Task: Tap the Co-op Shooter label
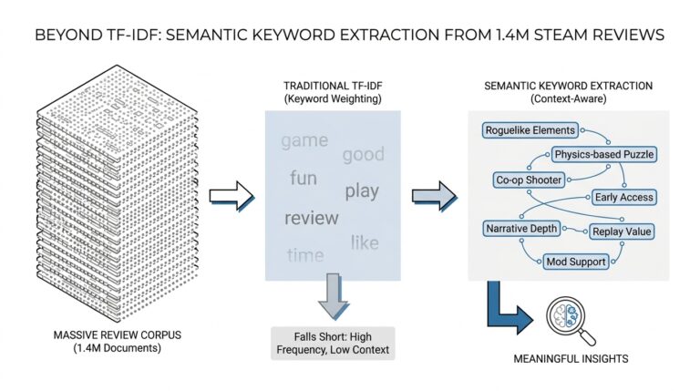click(x=529, y=180)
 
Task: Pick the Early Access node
click(x=623, y=197)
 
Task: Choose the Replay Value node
click(x=622, y=232)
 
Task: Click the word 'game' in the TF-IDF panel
click(x=304, y=141)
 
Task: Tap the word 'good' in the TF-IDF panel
click(x=363, y=154)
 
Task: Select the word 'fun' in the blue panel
click(x=304, y=178)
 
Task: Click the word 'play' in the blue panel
click(x=362, y=191)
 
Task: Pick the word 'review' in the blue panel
click(x=311, y=218)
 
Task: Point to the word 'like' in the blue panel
click(x=365, y=242)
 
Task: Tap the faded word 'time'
click(x=304, y=255)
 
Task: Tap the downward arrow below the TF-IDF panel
click(x=333, y=298)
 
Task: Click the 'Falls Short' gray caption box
click(x=334, y=342)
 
